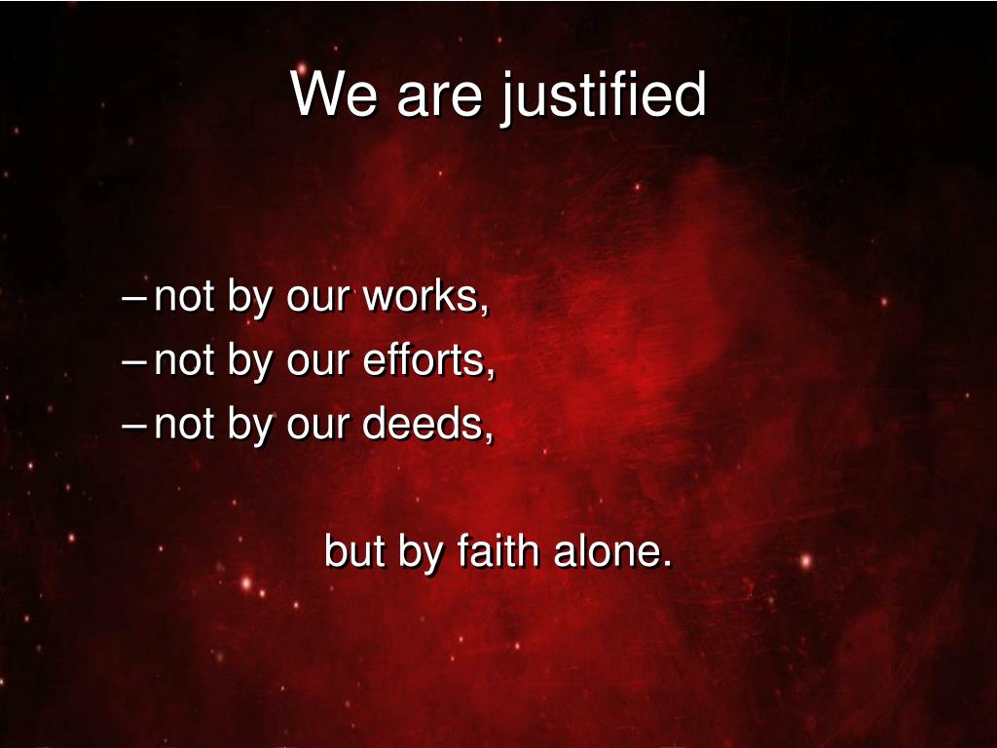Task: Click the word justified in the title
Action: [603, 96]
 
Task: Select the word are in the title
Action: [439, 99]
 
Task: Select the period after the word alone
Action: [667, 563]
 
